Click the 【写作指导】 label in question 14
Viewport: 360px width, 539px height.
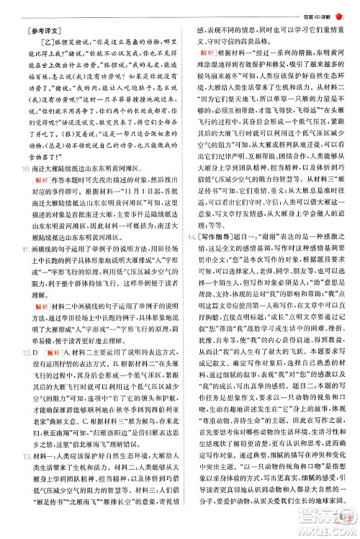pos(212,236)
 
